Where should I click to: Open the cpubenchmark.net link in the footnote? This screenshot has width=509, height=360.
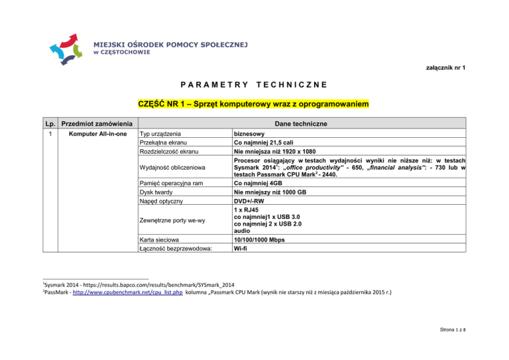click(x=125, y=292)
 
